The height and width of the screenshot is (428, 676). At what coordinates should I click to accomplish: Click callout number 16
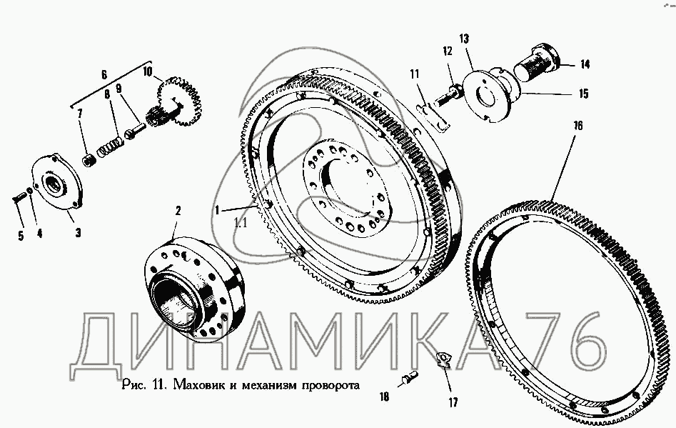click(577, 126)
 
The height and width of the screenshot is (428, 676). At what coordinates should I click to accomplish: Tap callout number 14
click(585, 65)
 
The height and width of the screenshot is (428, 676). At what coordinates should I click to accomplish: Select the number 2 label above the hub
click(178, 211)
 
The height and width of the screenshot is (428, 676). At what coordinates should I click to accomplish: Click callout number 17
click(453, 402)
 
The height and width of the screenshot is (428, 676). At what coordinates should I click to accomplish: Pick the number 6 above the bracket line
click(104, 74)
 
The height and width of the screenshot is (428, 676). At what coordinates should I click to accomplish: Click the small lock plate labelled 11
click(433, 117)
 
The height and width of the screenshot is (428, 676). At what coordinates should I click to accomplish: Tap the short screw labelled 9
click(136, 130)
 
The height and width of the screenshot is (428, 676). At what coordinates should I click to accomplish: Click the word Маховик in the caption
click(199, 384)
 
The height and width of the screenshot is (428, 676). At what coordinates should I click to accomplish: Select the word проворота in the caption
click(331, 385)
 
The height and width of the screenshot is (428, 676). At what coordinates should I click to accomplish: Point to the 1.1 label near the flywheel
click(240, 223)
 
